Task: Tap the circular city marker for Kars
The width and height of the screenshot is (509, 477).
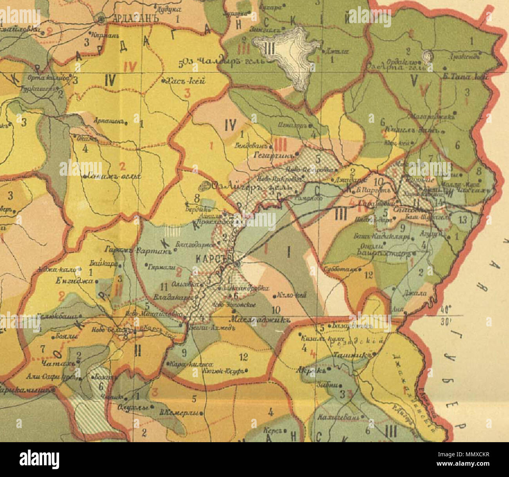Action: (236, 265)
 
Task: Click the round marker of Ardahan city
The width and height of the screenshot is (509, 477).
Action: (101, 18)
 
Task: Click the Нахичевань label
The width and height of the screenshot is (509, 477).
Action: (338, 416)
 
